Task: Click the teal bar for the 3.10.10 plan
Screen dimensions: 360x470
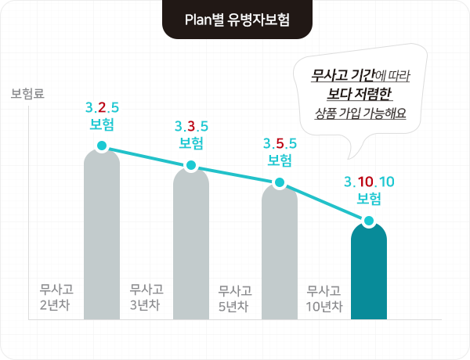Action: (x=369, y=274)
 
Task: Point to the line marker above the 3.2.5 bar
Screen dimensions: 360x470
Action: (x=102, y=146)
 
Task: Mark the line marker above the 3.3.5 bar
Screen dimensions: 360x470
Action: (x=191, y=165)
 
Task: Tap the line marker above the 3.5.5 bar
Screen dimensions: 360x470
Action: (x=280, y=183)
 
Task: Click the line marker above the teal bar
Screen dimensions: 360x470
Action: (x=369, y=221)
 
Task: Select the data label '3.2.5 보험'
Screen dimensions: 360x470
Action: (x=103, y=115)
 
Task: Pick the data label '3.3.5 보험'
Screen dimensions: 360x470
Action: (x=191, y=134)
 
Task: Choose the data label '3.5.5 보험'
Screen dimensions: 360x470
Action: (x=280, y=152)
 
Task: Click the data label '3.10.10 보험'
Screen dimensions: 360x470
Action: (x=369, y=189)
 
